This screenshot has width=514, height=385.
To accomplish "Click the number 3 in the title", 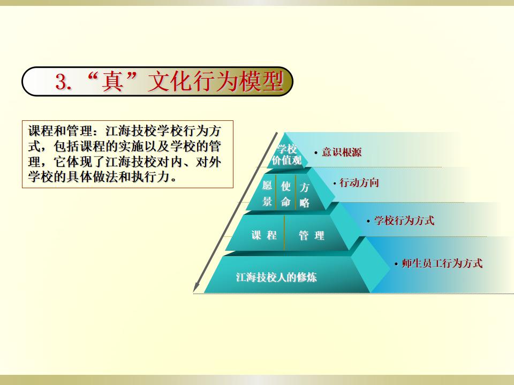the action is [x=61, y=81].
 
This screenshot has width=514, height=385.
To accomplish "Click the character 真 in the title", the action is [x=112, y=81].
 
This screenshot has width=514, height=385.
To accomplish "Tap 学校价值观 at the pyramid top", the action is [x=287, y=155].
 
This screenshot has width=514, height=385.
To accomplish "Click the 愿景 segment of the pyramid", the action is [x=267, y=194].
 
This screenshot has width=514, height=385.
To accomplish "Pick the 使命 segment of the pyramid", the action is [x=285, y=194].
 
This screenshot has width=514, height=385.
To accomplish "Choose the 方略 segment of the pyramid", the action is [x=304, y=195].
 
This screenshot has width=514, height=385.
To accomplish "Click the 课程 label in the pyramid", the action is [x=264, y=235].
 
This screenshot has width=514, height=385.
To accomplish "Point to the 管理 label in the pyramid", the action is [x=311, y=235].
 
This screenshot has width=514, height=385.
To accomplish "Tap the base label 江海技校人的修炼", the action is [x=276, y=278].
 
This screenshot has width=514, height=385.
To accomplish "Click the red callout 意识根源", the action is [x=342, y=152].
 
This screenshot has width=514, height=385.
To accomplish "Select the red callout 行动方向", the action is [x=359, y=183].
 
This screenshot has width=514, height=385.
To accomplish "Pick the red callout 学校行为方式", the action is [x=404, y=220].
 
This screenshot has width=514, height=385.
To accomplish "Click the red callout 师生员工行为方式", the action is [x=442, y=263].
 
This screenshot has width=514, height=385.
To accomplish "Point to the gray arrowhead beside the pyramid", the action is [x=196, y=287].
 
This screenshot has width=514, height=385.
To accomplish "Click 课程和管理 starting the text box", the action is [x=61, y=131].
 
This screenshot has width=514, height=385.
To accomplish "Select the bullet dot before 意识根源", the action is [x=316, y=153].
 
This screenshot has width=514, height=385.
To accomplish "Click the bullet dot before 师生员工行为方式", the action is [x=396, y=264].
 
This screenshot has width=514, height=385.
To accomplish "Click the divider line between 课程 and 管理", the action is [x=284, y=233].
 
